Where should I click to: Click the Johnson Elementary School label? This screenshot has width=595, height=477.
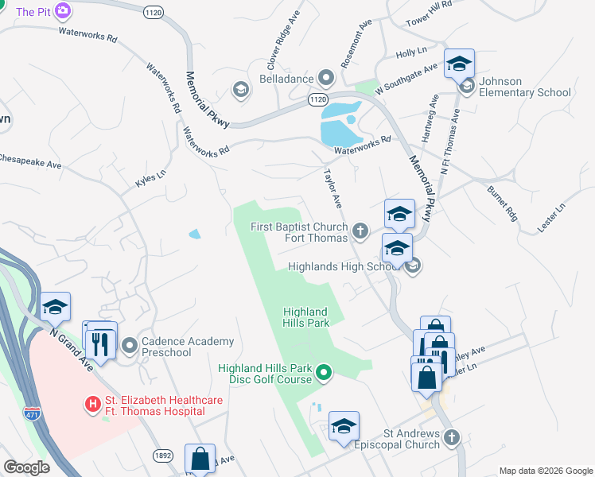(525, 87)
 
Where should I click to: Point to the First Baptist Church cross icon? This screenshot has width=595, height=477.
(360, 231)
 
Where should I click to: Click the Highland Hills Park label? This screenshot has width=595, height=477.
(306, 317)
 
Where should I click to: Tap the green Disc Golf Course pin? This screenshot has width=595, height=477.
(324, 372)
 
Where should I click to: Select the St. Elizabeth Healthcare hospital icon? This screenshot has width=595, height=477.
(93, 405)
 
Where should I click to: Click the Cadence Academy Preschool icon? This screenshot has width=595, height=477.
(128, 347)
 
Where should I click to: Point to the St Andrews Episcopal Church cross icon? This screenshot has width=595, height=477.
(452, 437)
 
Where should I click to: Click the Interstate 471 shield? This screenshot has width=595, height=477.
(32, 413)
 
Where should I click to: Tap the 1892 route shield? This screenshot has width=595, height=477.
(163, 455)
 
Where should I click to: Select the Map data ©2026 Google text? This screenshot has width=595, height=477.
(546, 471)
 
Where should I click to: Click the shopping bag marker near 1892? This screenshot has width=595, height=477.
(200, 459)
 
